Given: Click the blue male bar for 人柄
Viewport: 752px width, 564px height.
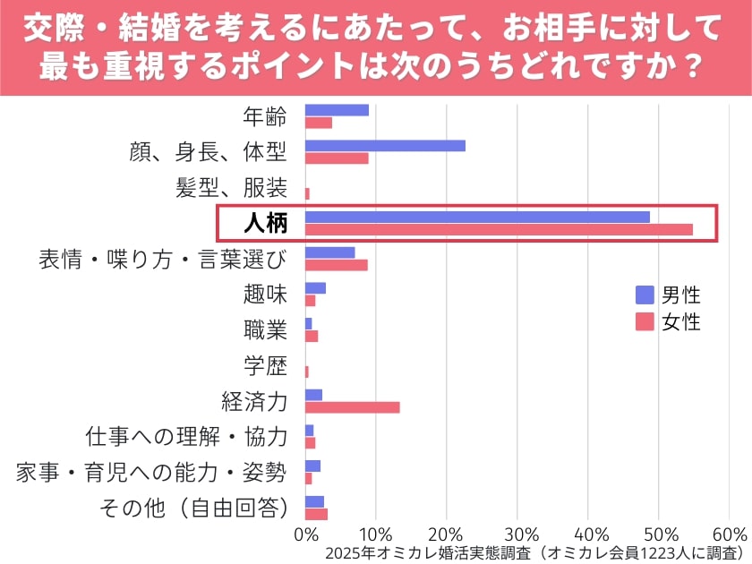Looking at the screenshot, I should [x=477, y=217].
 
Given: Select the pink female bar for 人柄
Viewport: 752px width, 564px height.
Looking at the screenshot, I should [x=499, y=229].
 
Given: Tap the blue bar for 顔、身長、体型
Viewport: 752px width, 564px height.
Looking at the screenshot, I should [x=385, y=146].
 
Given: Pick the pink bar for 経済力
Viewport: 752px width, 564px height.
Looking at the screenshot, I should [x=352, y=407].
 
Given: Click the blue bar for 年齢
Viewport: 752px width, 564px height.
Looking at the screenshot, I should [x=337, y=110].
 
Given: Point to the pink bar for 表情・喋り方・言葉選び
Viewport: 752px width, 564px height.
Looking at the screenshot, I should [x=336, y=265].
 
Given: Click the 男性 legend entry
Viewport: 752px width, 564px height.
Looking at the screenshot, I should [x=668, y=295].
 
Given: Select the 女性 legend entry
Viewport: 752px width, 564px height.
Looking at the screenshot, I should [x=668, y=322].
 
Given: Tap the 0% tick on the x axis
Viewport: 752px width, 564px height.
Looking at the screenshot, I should [x=305, y=534].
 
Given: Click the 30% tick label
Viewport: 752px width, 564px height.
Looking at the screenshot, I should [x=517, y=534].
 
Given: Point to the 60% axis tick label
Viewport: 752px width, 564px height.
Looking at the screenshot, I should [x=729, y=534].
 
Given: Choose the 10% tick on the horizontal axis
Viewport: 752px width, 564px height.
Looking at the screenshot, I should [x=376, y=534].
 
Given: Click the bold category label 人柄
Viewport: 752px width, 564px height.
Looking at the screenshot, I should [x=266, y=223].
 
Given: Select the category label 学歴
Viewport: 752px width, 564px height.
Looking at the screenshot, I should [x=265, y=365].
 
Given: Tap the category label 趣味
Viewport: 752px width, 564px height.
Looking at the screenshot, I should [x=265, y=294].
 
